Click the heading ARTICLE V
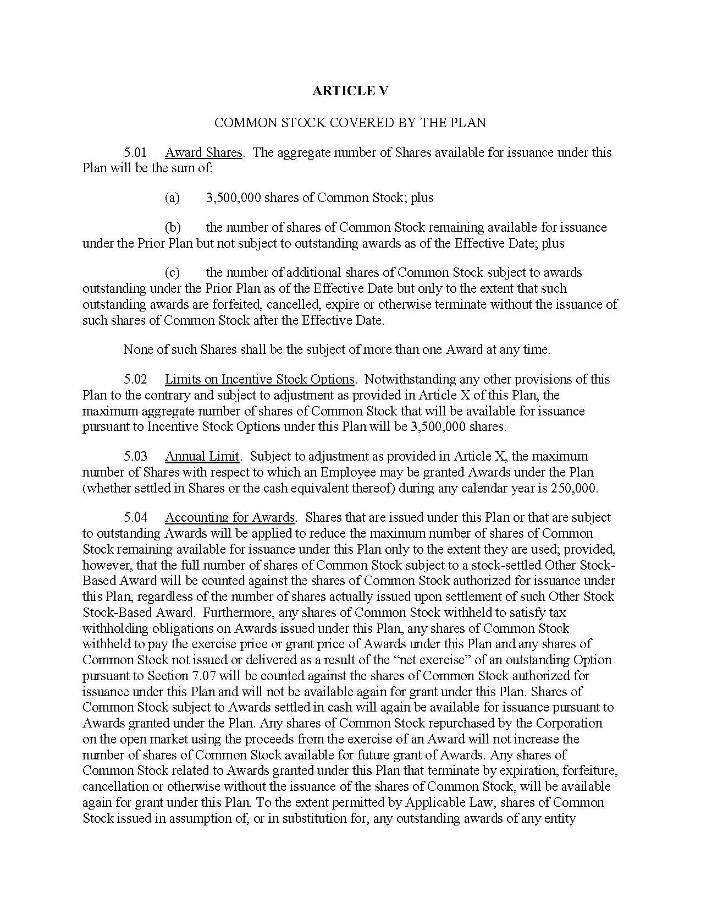click(350, 91)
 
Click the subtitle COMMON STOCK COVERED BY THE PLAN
click(350, 122)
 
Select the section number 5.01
click(135, 152)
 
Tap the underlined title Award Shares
click(203, 152)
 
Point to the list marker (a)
click(172, 198)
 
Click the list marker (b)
click(172, 227)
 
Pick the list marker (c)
click(172, 272)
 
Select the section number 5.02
click(135, 379)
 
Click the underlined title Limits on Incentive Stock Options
click(260, 379)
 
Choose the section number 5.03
click(135, 456)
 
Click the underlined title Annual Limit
click(202, 456)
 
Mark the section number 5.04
click(135, 517)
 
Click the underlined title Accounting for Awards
click(229, 517)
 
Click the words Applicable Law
click(451, 802)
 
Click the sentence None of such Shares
click(336, 349)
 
